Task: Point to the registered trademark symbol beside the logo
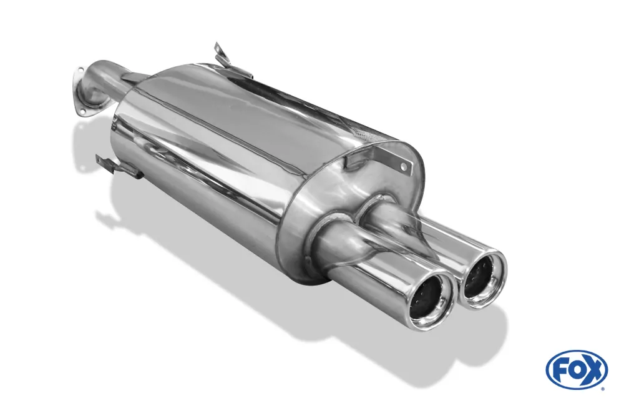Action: coord(603,389)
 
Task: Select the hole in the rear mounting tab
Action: coord(403,167)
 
